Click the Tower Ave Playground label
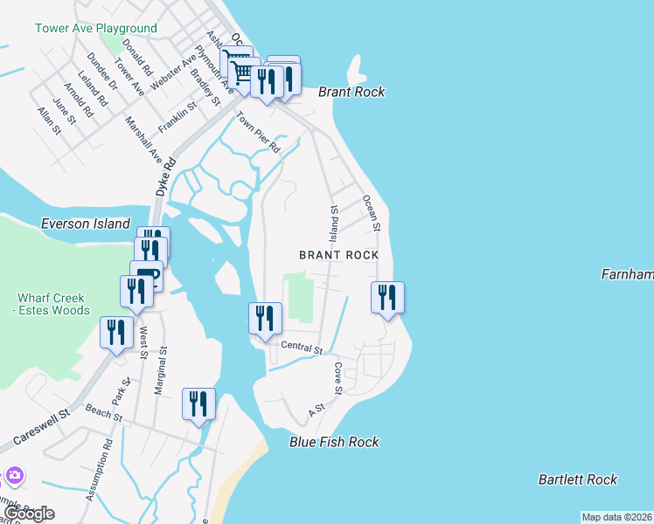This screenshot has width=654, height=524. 95,28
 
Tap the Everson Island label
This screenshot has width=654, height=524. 86,224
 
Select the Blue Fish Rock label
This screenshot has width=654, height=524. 334,442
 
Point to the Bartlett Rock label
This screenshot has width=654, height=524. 578,479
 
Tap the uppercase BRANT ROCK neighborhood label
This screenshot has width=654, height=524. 338,255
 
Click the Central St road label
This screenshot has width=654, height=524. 301,348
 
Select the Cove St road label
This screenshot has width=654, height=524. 337,376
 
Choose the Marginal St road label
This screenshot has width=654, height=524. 162,369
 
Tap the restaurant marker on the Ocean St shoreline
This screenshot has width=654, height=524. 386,298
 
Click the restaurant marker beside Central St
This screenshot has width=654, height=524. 264,319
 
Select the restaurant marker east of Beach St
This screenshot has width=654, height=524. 198,404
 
